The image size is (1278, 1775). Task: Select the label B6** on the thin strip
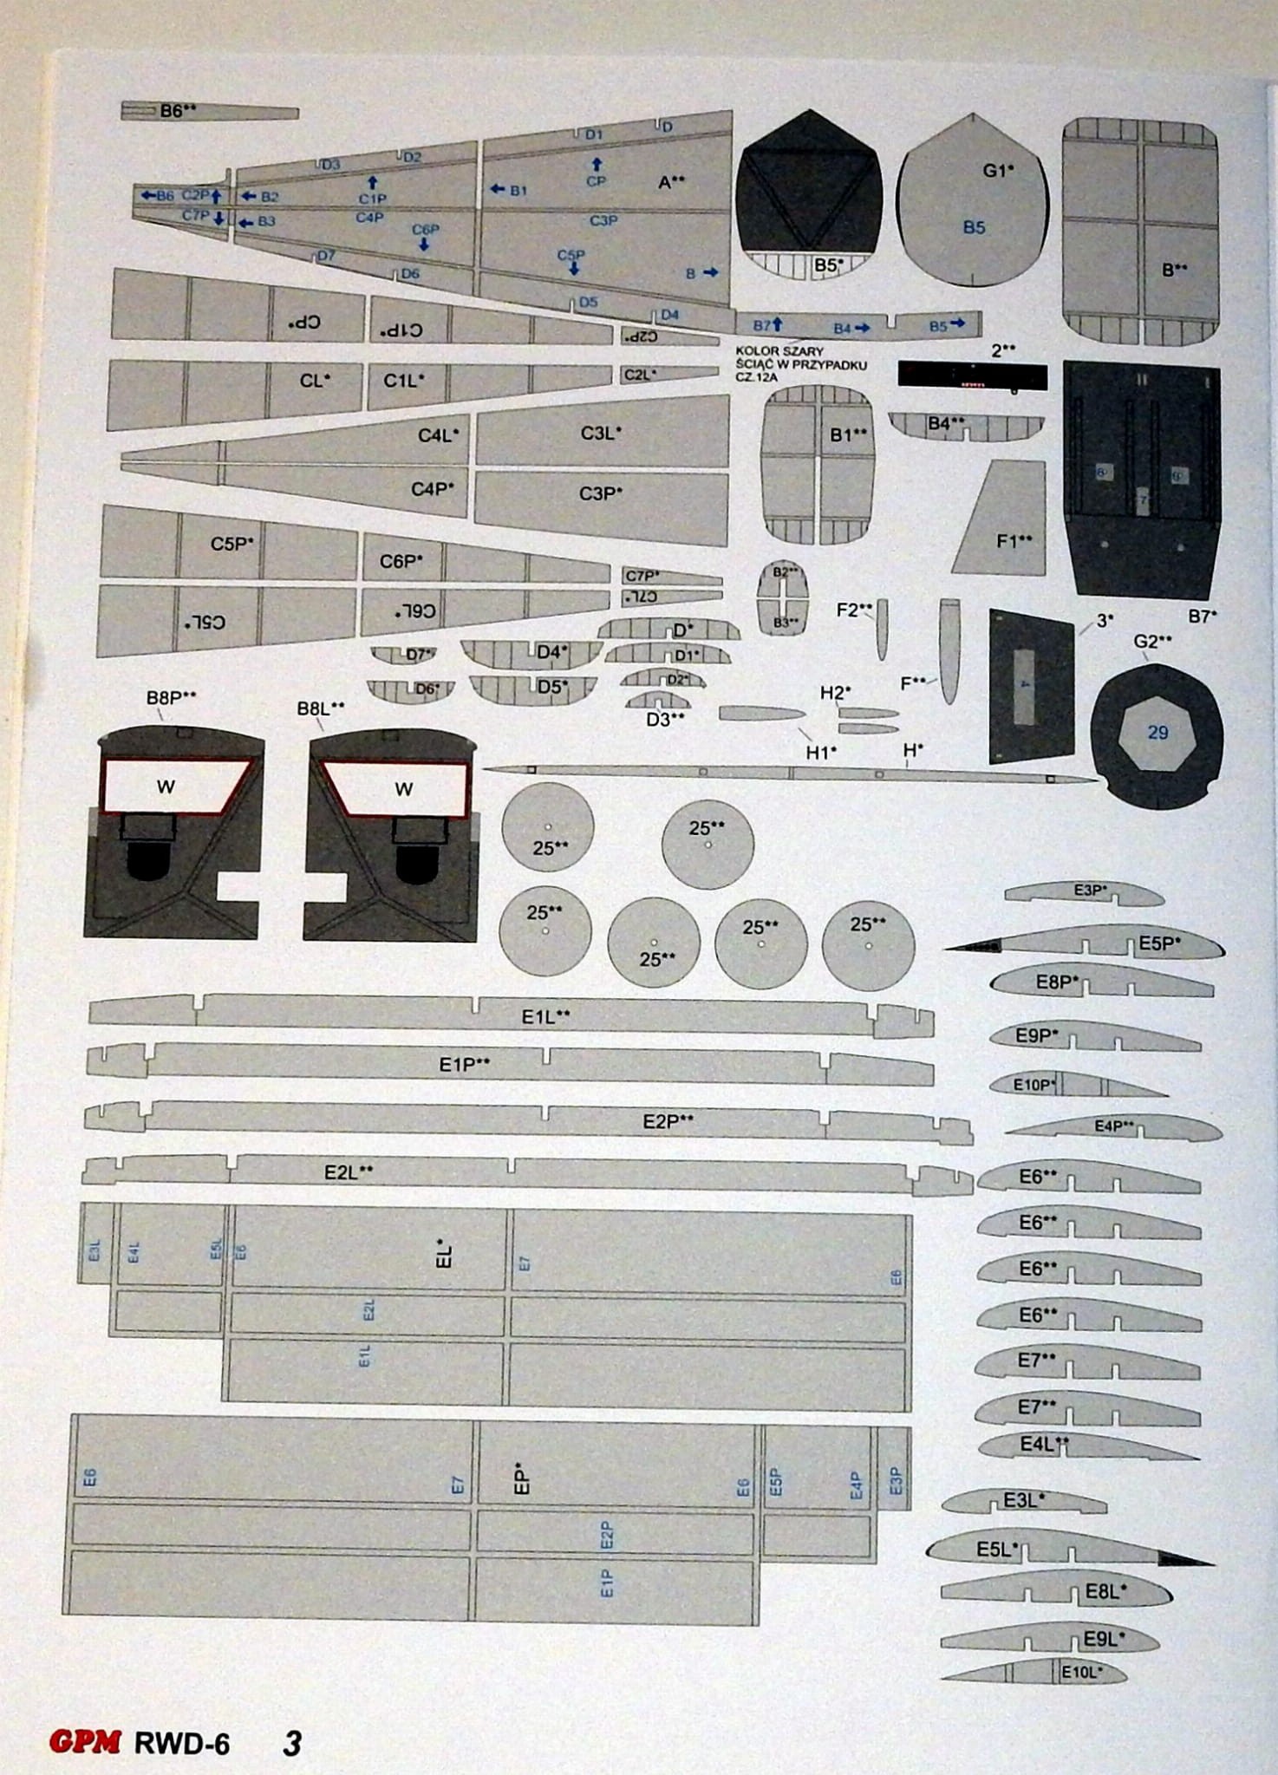[178, 111]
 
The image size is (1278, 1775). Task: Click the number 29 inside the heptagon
[1157, 733]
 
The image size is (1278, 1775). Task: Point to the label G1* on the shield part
[998, 171]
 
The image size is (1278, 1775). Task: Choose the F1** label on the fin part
[1014, 541]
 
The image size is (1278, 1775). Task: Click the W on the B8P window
[166, 787]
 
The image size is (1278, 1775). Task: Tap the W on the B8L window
[403, 789]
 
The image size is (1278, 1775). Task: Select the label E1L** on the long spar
[545, 1016]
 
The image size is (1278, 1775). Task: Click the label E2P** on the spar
[667, 1121]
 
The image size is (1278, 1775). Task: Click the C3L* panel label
[601, 433]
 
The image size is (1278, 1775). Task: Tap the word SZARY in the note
[802, 351]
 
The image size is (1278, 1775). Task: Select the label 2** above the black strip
[1003, 350]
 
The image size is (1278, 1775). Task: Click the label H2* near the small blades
[835, 692]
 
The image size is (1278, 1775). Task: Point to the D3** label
[665, 719]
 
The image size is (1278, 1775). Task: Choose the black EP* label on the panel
[520, 1480]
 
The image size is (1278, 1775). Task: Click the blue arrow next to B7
[778, 324]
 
